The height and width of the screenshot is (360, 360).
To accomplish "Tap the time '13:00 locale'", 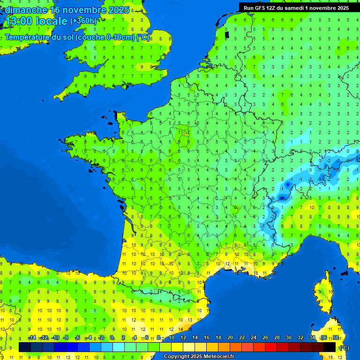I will pos(36,21).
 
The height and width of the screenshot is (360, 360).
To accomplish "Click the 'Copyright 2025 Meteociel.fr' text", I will pos(199,357).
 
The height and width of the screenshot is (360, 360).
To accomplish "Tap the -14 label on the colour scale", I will pos(32,338).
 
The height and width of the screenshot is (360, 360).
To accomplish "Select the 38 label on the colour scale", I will pos(335,338).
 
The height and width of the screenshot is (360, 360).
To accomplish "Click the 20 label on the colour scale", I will pos(230,338).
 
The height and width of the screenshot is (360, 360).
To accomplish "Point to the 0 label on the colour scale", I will pos(112,338).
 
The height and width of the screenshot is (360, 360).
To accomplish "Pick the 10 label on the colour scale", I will pos(171,338).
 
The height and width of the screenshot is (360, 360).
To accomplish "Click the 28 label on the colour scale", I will pos(277,338).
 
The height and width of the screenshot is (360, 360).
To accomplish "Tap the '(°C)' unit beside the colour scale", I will pos(344,348).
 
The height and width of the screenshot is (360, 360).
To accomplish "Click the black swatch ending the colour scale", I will pos(330,347).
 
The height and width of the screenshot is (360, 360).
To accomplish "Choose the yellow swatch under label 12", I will pos(177,347).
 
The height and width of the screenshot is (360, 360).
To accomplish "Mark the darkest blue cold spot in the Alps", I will pos(286,185).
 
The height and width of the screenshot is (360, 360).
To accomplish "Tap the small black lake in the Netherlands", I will pos(227,35).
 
